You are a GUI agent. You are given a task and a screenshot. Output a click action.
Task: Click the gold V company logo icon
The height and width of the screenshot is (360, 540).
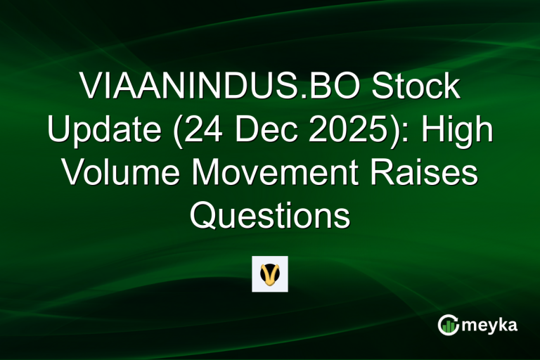[270, 274]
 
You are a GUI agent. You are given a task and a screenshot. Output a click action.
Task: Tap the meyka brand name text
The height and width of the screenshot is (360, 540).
[491, 326]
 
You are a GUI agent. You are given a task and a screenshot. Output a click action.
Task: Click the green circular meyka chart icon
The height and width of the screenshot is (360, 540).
[449, 326]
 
